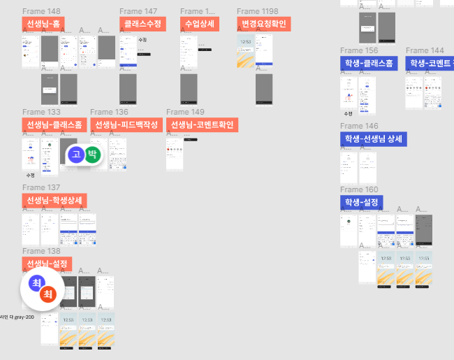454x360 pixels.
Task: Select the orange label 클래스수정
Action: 142,24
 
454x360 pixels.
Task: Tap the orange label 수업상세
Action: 199,24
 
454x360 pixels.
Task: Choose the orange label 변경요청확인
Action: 263,24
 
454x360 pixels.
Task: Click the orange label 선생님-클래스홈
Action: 54,125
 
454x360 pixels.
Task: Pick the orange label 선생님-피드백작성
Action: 126,125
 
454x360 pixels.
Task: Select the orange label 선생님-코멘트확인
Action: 203,125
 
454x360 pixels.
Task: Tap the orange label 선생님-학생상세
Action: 54,201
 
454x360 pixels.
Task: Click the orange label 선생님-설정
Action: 47,264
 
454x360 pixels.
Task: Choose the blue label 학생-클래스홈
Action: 369,64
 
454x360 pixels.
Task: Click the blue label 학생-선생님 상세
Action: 373,139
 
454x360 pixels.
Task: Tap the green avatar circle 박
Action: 93,154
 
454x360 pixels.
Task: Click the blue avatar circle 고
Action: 76,154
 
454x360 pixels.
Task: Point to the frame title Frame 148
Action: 41,11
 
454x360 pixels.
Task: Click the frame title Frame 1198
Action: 257,11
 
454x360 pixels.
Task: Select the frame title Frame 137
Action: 41,187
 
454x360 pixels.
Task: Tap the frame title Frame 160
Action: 359,189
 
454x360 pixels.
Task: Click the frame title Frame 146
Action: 359,126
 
